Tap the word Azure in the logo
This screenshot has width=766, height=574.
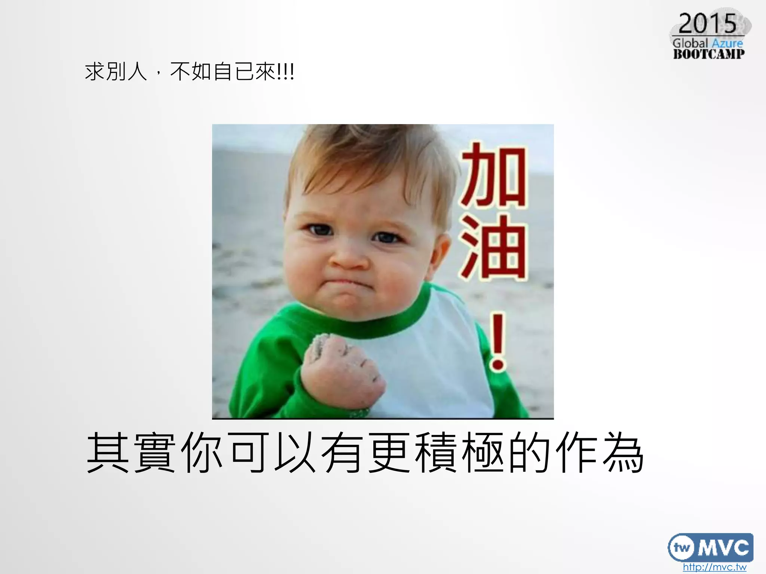pyautogui.click(x=727, y=43)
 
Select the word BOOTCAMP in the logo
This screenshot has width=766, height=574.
pyautogui.click(x=709, y=54)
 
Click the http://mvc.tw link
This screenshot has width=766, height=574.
pyautogui.click(x=714, y=567)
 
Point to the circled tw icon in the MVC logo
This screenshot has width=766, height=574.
pyautogui.click(x=681, y=548)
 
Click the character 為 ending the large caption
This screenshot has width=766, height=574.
pyautogui.click(x=623, y=453)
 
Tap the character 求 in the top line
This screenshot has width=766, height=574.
pyautogui.click(x=94, y=71)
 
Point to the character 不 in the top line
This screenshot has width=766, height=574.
pyautogui.click(x=180, y=71)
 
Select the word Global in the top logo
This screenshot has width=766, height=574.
pyautogui.click(x=690, y=43)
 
